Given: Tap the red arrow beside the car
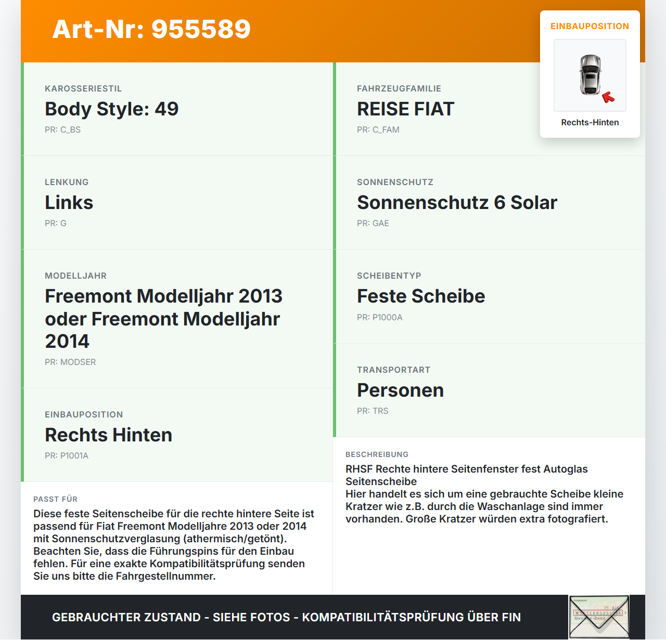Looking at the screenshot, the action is pyautogui.click(x=608, y=97).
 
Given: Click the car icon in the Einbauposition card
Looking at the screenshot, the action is pyautogui.click(x=590, y=74).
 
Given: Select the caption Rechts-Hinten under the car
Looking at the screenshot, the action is pyautogui.click(x=590, y=123).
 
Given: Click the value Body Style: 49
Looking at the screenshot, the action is pyautogui.click(x=111, y=109).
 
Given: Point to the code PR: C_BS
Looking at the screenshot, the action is pyautogui.click(x=62, y=130).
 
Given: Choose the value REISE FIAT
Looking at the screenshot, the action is pyautogui.click(x=405, y=109).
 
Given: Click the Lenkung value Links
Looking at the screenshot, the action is pyautogui.click(x=69, y=203).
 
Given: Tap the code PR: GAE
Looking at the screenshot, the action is pyautogui.click(x=373, y=224).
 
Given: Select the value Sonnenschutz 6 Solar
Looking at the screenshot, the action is pyautogui.click(x=457, y=203).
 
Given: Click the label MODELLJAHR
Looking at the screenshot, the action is pyautogui.click(x=75, y=276).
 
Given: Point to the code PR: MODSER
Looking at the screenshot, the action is pyautogui.click(x=70, y=362).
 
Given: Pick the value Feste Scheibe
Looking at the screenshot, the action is pyautogui.click(x=420, y=296).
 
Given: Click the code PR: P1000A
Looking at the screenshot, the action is pyautogui.click(x=379, y=318).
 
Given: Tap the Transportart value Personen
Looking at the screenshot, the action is pyautogui.click(x=400, y=390).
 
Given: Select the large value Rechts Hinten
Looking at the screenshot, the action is pyautogui.click(x=108, y=435).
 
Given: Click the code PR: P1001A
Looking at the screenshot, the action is pyautogui.click(x=67, y=456).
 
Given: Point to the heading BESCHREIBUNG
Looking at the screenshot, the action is pyautogui.click(x=377, y=454).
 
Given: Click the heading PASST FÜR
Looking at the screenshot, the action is pyautogui.click(x=55, y=499).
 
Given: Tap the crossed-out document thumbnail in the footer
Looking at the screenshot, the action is pyautogui.click(x=599, y=617).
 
